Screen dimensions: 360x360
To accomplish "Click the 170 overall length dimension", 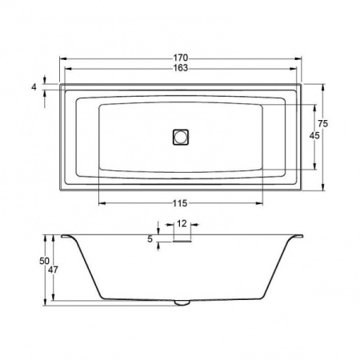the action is tap(181, 58).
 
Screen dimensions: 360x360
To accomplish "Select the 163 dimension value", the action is tap(181, 68).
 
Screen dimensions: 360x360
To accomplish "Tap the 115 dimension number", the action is tap(180, 203).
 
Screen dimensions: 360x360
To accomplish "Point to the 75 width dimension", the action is tap(322, 124).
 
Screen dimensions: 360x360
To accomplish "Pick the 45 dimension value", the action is tap(314, 136).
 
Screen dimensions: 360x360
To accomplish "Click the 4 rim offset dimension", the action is tap(34, 87).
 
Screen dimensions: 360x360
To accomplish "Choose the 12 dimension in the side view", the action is tap(182, 223).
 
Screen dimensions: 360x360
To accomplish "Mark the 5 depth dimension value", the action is tap(150, 239).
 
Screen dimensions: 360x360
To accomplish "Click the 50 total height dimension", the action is tap(44, 261).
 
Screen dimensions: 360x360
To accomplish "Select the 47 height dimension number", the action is tap(53, 270).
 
